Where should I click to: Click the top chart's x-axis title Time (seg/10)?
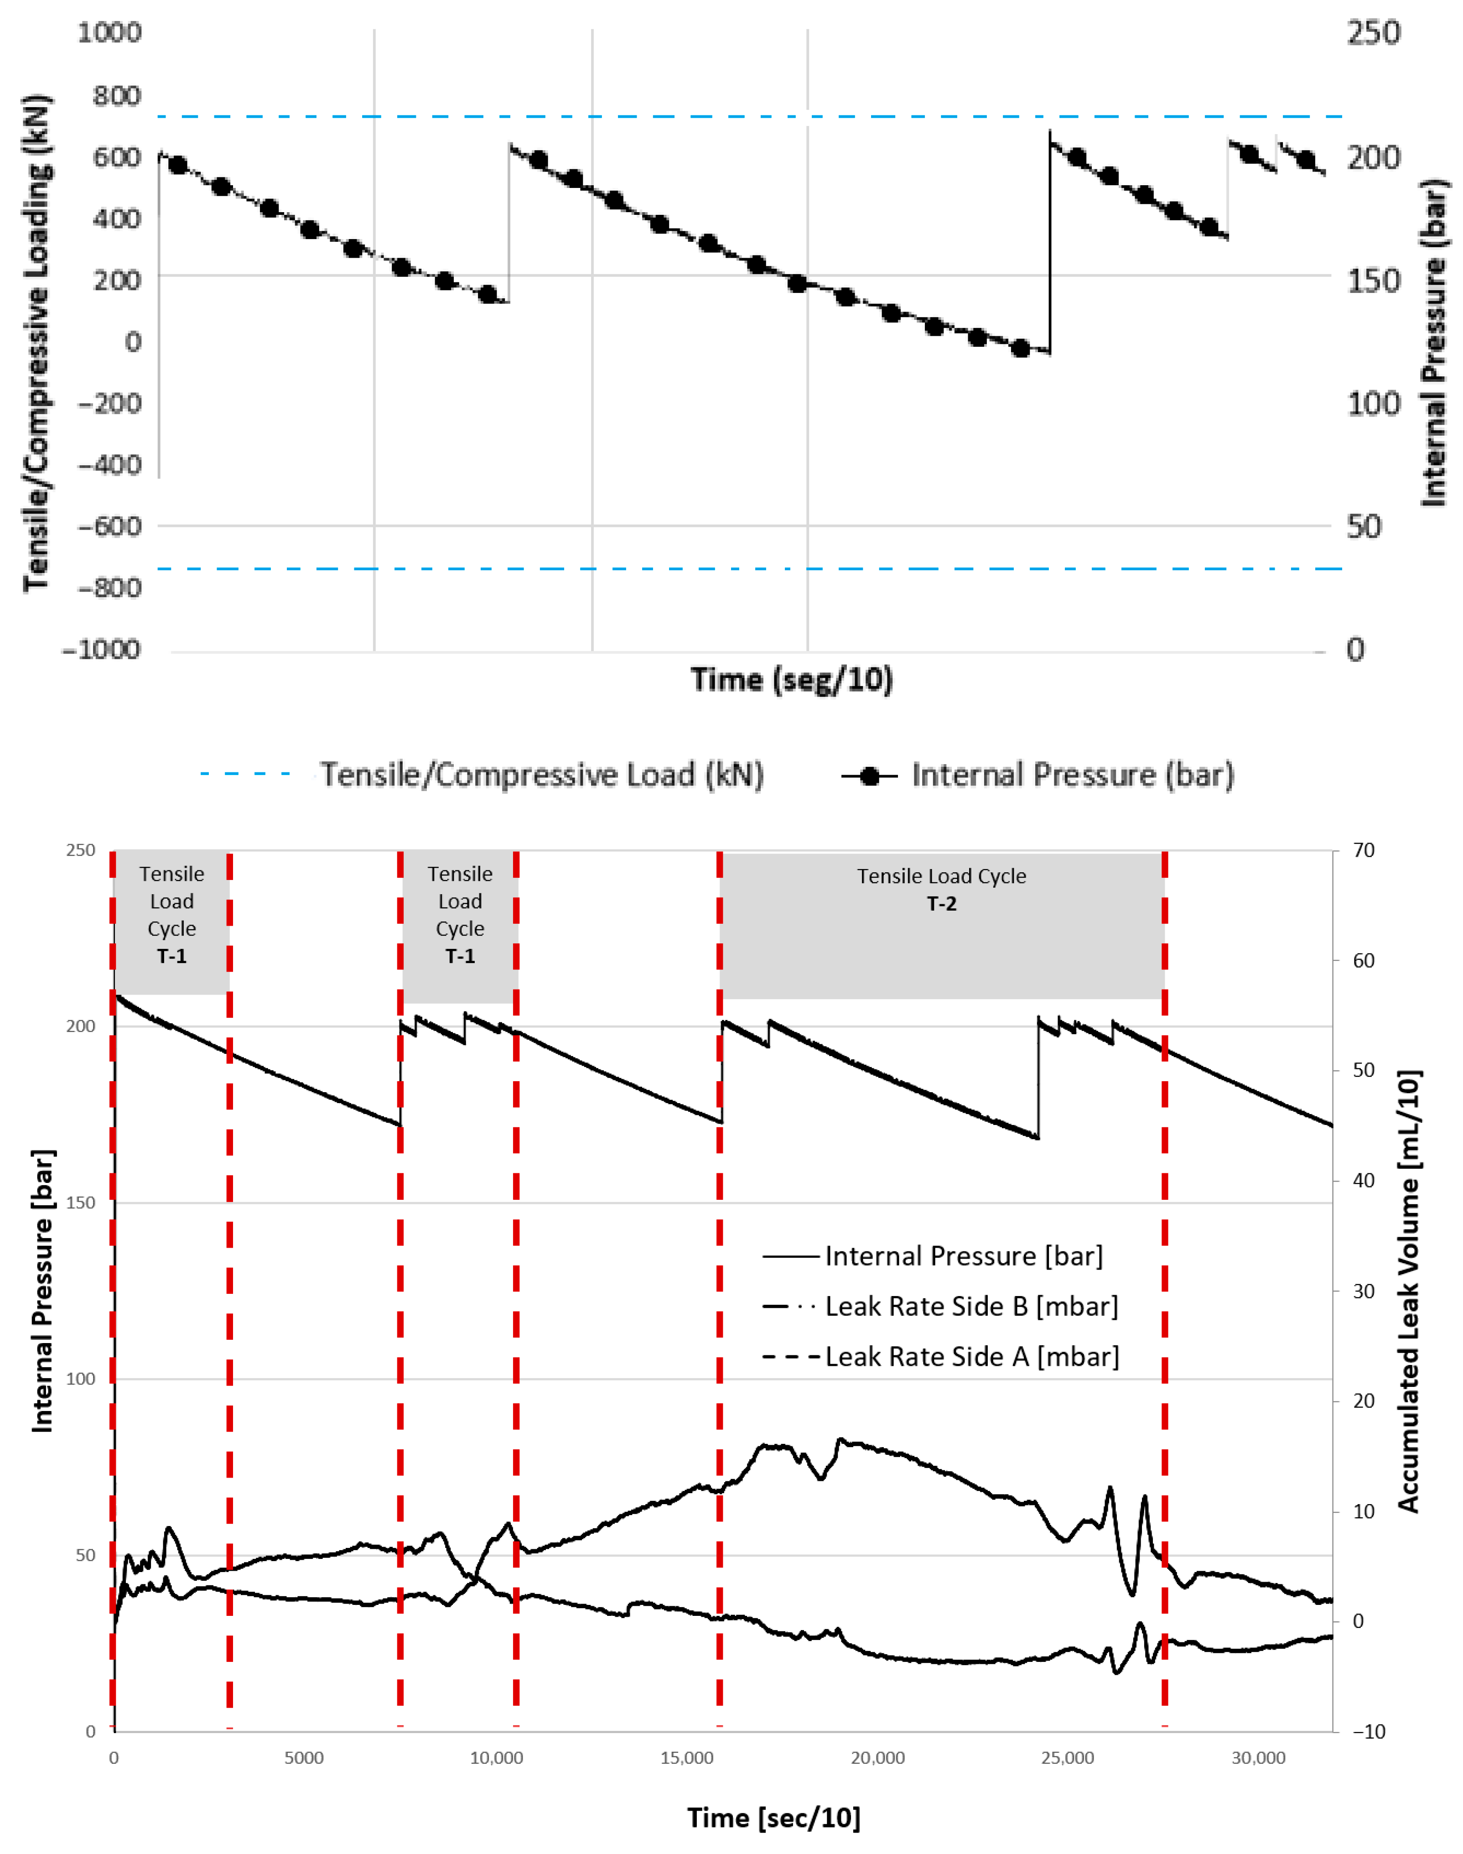coord(791,679)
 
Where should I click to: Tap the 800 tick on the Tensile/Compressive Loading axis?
coord(116,95)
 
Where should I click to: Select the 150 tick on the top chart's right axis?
coord(1373,281)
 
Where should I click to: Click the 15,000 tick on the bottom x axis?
coord(687,1758)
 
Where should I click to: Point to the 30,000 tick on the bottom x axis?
coord(1258,1758)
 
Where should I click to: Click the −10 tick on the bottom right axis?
coord(1369,1731)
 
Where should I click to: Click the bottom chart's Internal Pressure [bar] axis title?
coord(42,1291)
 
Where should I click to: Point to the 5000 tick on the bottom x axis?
coord(304,1758)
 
